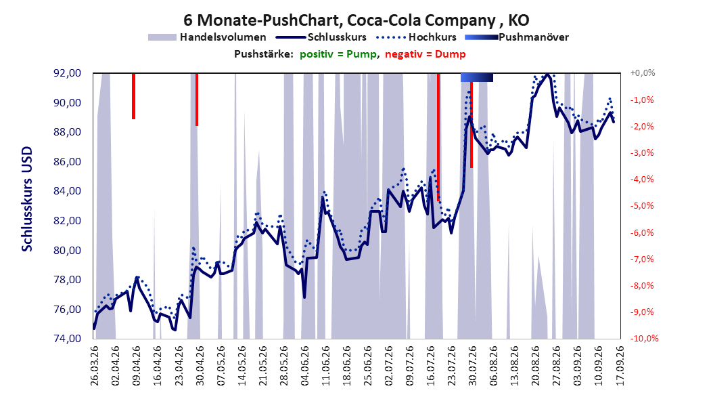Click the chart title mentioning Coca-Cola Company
click(356, 20)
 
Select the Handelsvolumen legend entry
click(208, 37)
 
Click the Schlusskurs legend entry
click(321, 37)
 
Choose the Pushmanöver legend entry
click(517, 37)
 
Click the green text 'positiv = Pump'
click(338, 54)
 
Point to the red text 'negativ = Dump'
click(425, 54)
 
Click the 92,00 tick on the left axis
click(68, 73)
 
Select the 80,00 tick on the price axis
click(68, 251)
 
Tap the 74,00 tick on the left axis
click(68, 339)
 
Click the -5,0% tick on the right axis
click(642, 206)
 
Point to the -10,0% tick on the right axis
click(644, 339)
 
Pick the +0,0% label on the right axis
click(643, 73)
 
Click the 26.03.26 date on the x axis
click(95, 366)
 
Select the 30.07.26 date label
click(472, 366)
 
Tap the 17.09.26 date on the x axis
click(620, 366)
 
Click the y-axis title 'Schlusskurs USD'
click(27, 199)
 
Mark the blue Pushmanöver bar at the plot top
click(476, 77)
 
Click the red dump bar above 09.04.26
click(134, 96)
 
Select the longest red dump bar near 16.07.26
click(438, 137)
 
